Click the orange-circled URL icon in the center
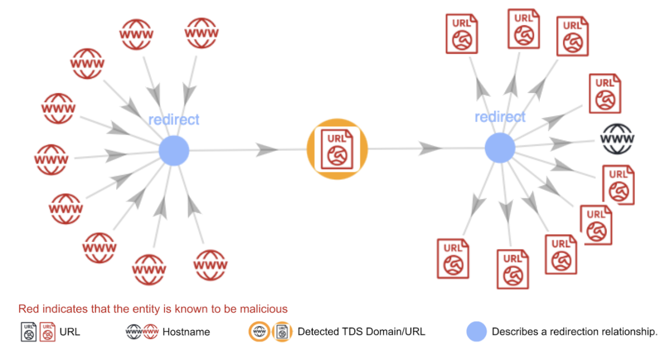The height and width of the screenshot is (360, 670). coord(337,149)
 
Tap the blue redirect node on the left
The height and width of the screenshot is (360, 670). coord(174,151)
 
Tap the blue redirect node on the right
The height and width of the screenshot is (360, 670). coord(500,148)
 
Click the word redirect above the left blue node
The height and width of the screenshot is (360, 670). coord(173,120)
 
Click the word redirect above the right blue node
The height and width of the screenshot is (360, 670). coord(500,117)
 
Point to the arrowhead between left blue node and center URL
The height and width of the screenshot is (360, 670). coord(267,150)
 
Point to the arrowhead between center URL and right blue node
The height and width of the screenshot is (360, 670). coord(431,149)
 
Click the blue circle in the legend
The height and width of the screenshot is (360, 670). coord(477,332)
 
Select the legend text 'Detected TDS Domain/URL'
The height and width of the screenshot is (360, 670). coord(361,332)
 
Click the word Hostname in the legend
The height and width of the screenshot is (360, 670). coord(186,332)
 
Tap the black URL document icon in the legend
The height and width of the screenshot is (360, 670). coord(28,332)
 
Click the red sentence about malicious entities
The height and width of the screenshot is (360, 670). coord(153,309)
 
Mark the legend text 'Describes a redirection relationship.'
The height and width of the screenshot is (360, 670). coord(574,332)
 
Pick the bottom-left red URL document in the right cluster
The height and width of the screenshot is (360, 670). coord(453,258)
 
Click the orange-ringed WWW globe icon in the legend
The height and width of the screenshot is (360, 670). coord(259,332)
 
